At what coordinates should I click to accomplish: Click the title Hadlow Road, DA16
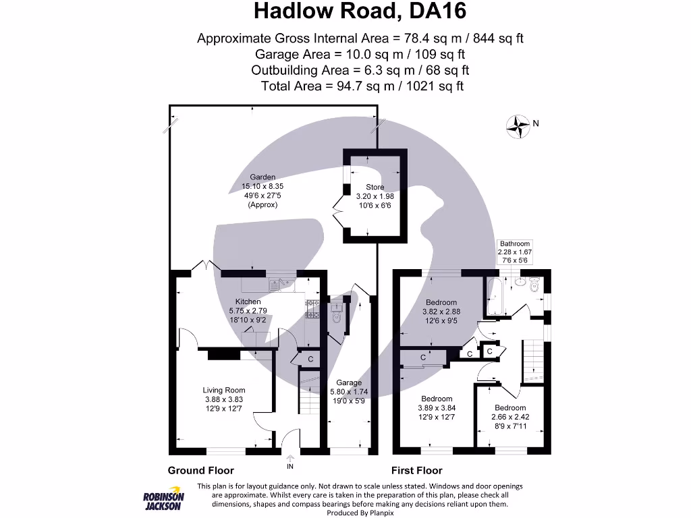pyautogui.click(x=360, y=11)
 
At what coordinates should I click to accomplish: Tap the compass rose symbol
pyautogui.click(x=518, y=125)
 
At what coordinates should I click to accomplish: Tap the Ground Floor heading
pyautogui.click(x=200, y=470)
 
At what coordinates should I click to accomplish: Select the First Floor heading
pyautogui.click(x=416, y=470)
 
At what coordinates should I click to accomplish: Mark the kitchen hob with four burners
pyautogui.click(x=312, y=308)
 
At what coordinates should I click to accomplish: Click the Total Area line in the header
pyautogui.click(x=362, y=86)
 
